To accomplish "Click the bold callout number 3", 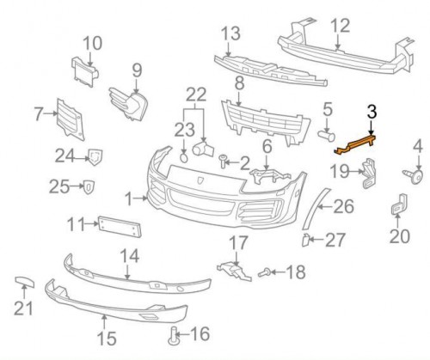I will pos(372,111).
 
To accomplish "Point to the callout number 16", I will pos(200,333).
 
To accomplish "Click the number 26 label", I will pos(343,206).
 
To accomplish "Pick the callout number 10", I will pos(92,41).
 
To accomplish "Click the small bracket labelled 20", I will pos(399,209).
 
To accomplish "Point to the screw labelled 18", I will pos(268,274).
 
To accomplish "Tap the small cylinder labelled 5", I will pos(327,135).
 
